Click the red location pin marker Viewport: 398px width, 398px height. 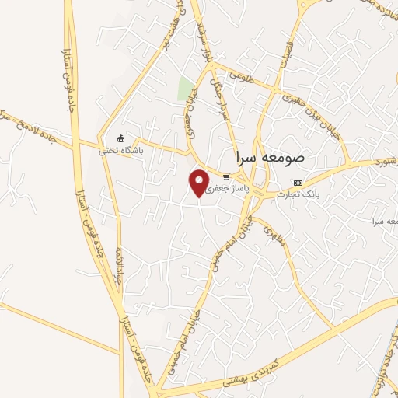click(199, 182)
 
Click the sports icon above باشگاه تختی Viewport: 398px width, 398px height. click(119, 138)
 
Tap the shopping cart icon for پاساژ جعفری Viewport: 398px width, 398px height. click(225, 176)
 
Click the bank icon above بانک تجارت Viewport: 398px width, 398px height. click(297, 183)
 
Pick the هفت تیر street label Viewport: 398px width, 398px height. click(173, 35)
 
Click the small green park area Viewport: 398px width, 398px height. click(185, 89)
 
